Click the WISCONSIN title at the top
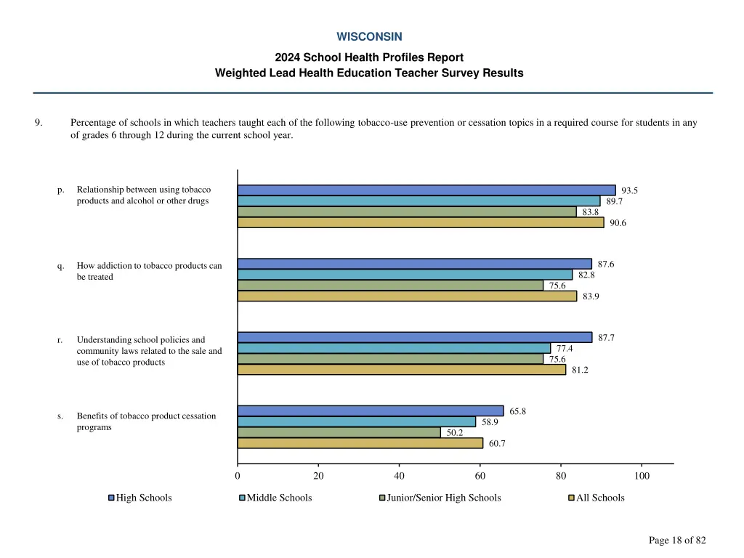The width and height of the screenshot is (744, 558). click(x=369, y=36)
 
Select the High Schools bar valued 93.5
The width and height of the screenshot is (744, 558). click(x=426, y=190)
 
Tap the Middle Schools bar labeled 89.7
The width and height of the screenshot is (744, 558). click(x=418, y=201)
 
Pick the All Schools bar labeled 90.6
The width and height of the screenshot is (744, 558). click(x=421, y=223)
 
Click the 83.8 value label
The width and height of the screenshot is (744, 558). click(x=591, y=212)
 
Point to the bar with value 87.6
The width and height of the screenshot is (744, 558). click(x=414, y=264)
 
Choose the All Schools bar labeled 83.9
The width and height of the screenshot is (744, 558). click(x=407, y=296)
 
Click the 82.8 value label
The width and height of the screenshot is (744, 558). click(x=586, y=275)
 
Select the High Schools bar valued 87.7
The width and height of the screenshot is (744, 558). click(x=415, y=337)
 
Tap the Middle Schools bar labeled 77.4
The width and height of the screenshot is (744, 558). click(x=394, y=348)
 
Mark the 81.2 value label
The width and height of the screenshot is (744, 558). click(x=580, y=370)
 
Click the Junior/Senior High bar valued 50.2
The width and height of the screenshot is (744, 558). click(x=339, y=432)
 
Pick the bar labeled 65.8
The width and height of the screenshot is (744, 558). click(x=371, y=411)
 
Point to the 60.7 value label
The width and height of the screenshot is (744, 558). click(x=497, y=444)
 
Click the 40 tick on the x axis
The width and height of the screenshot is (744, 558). click(x=399, y=476)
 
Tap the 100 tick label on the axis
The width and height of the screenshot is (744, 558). click(x=642, y=476)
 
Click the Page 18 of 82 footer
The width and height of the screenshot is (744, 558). click(x=677, y=540)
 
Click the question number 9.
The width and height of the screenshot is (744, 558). click(x=38, y=123)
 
